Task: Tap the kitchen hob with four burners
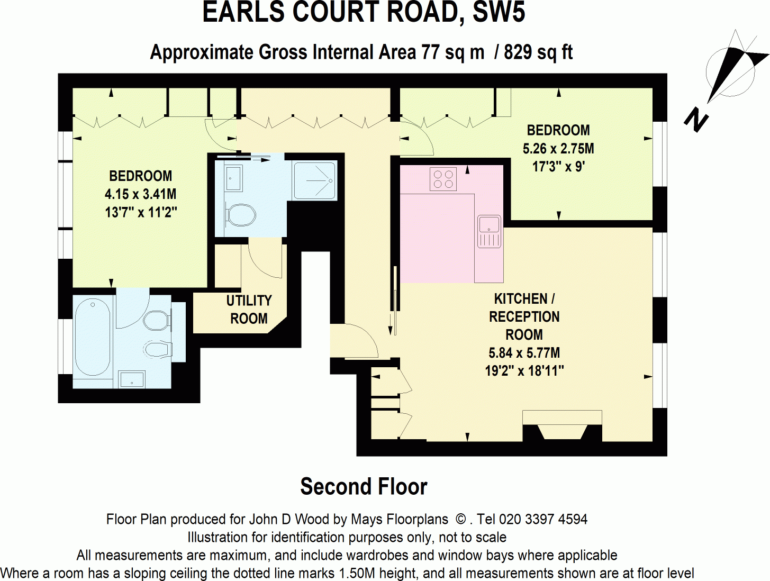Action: click(x=443, y=179)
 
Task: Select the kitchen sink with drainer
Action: click(x=489, y=232)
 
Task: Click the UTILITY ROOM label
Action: click(x=249, y=310)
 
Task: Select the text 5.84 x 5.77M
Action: click(x=524, y=353)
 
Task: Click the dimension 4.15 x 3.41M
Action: click(x=140, y=194)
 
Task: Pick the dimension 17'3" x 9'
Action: click(x=558, y=167)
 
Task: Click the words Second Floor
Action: click(x=364, y=487)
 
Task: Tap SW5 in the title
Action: click(x=498, y=13)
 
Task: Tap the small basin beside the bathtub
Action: click(x=131, y=379)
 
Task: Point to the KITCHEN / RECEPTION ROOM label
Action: click(x=524, y=316)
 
